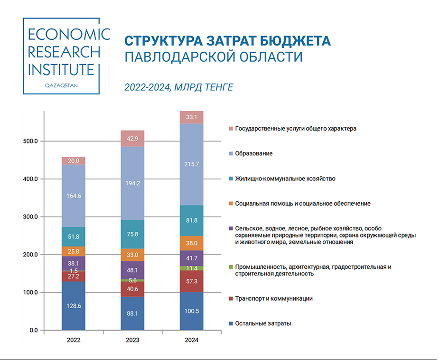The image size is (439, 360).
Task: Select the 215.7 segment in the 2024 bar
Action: click(x=191, y=164)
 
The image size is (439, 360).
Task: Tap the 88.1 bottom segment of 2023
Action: click(x=132, y=313)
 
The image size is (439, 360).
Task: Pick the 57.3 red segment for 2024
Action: click(x=191, y=281)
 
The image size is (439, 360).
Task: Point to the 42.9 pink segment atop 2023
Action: click(x=132, y=139)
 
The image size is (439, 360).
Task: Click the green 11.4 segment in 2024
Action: click(x=191, y=268)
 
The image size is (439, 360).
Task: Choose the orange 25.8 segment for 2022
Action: click(x=74, y=251)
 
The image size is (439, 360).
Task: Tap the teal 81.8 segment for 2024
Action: click(x=191, y=221)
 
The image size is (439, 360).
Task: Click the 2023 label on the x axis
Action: click(x=132, y=341)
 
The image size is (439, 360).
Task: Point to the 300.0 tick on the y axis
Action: click(x=31, y=217)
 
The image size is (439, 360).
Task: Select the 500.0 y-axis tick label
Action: click(x=31, y=142)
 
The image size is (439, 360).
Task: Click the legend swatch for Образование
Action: click(x=231, y=153)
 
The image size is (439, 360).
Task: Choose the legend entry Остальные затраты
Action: click(x=263, y=323)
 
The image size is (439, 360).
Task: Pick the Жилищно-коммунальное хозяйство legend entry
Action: click(x=285, y=179)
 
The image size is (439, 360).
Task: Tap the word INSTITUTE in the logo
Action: click(x=61, y=69)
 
